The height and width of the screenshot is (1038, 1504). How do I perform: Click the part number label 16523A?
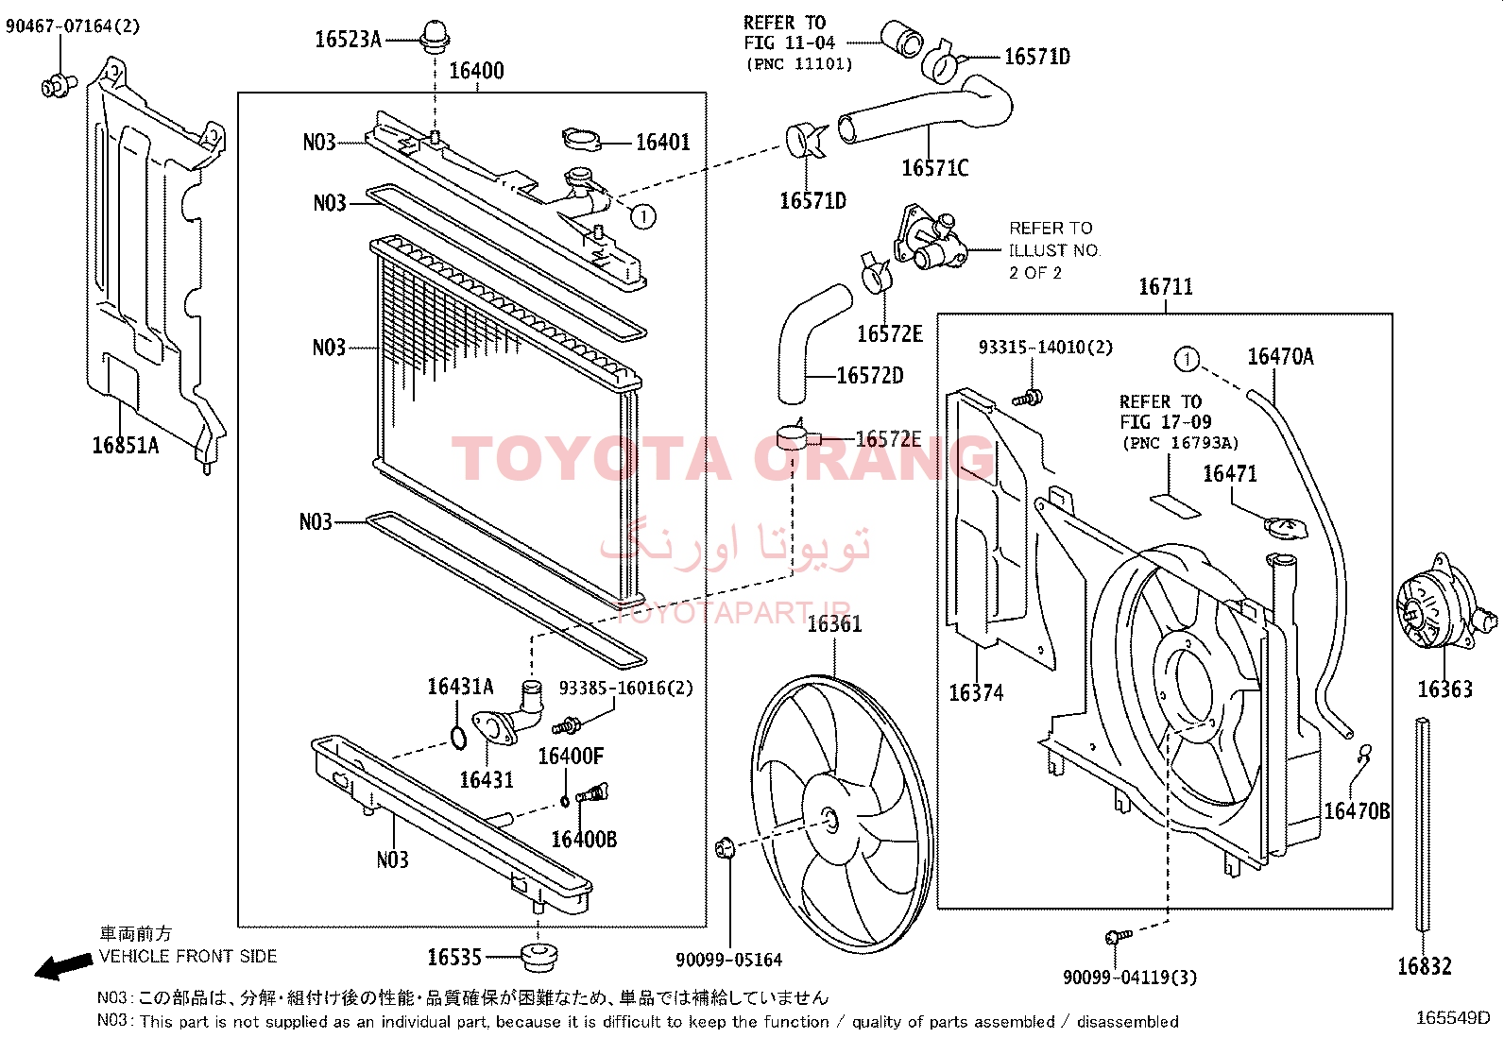pos(347,40)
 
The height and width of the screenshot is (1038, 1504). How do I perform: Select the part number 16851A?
pos(125,445)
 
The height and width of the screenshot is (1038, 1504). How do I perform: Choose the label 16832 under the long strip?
pos(1424,965)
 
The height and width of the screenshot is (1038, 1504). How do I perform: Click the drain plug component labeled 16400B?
pos(593,794)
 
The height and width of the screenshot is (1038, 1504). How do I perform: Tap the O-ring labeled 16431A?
pos(457,737)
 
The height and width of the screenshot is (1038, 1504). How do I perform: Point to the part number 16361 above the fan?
pos(834,623)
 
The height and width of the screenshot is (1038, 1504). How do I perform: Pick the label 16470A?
pos(1280,356)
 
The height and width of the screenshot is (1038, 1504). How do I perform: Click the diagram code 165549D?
pos(1452,1018)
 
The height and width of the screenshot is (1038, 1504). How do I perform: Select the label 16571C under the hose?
pos(934,168)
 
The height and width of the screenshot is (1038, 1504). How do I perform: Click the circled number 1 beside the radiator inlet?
pos(643,216)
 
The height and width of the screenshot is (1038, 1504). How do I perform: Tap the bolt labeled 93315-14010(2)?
pos(1031,396)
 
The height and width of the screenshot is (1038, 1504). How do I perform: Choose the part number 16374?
pos(976,693)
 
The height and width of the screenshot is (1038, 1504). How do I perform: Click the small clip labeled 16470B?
pos(1363,754)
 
